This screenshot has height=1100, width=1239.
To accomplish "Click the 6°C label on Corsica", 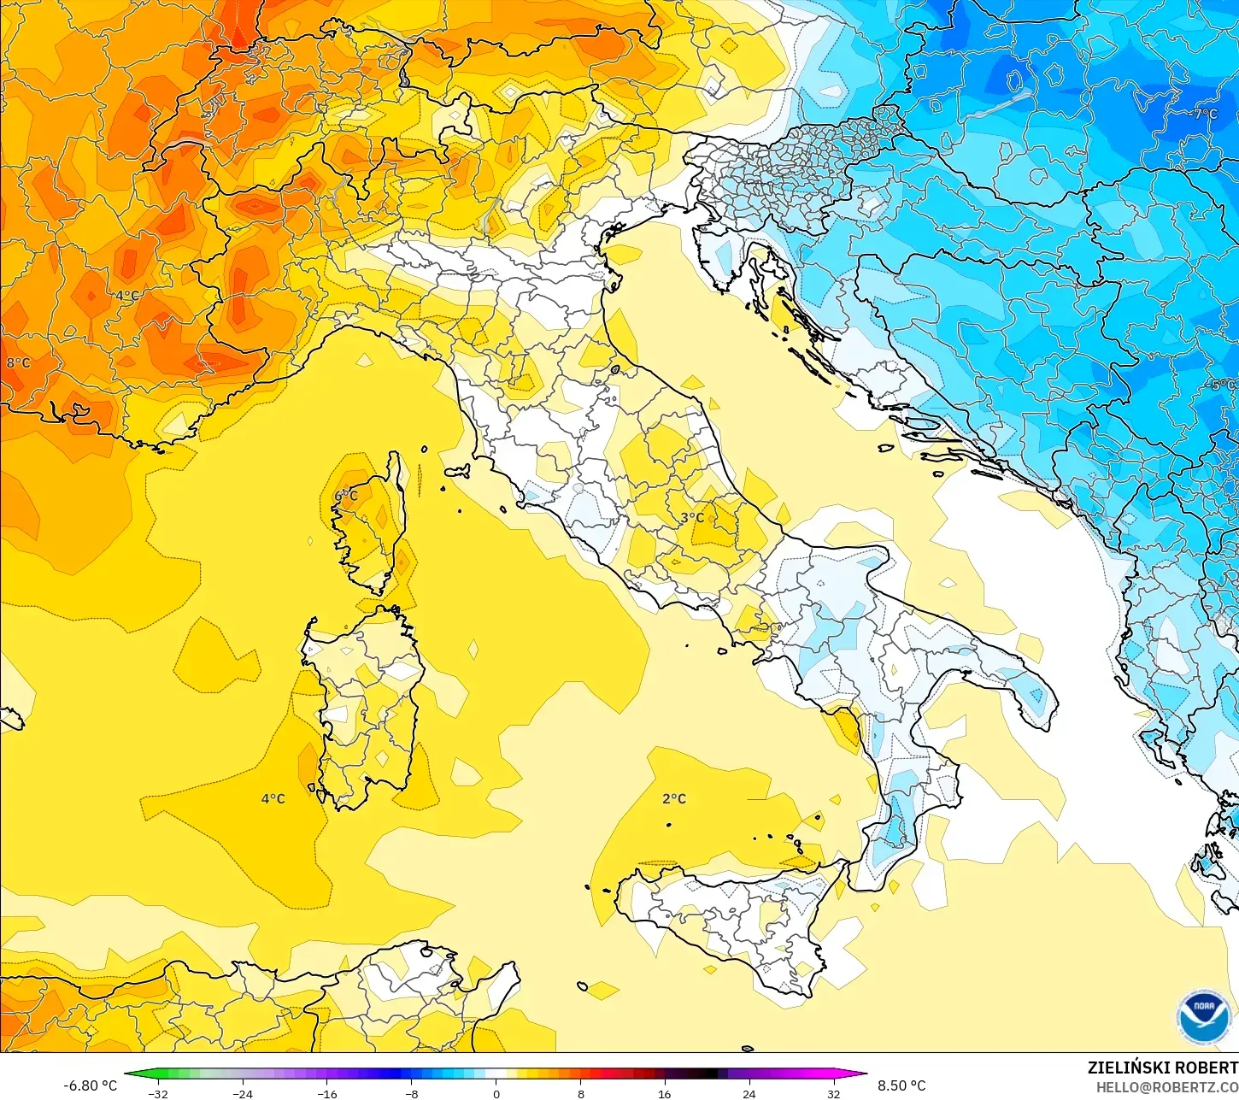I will click(346, 496).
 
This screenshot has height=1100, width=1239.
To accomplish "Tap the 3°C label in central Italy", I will click(692, 517).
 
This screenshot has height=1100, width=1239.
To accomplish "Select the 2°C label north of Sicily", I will click(674, 798).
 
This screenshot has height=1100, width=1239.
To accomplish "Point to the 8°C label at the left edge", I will click(17, 362).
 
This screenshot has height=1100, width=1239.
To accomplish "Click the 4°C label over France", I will click(127, 296).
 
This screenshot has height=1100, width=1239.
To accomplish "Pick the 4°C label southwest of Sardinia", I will click(273, 798).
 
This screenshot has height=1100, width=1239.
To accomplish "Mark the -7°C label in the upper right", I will click(1203, 114).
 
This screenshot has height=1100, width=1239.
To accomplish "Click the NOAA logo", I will click(1203, 1017).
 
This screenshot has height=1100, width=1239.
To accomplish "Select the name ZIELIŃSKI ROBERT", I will click(1162, 1068).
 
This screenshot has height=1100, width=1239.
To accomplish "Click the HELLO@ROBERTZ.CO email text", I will click(1167, 1087).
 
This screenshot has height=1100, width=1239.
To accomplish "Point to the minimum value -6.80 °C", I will click(90, 1085).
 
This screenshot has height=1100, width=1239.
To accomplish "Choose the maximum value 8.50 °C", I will click(901, 1085).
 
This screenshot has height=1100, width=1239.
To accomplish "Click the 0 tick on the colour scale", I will click(496, 1093).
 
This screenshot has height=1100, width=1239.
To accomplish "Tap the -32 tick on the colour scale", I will click(158, 1093).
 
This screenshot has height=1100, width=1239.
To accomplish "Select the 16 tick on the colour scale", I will click(664, 1093).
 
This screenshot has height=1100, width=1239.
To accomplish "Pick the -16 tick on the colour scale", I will click(327, 1093).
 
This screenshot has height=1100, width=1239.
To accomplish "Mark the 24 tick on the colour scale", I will click(749, 1093).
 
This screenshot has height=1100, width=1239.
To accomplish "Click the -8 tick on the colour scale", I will click(411, 1093).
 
